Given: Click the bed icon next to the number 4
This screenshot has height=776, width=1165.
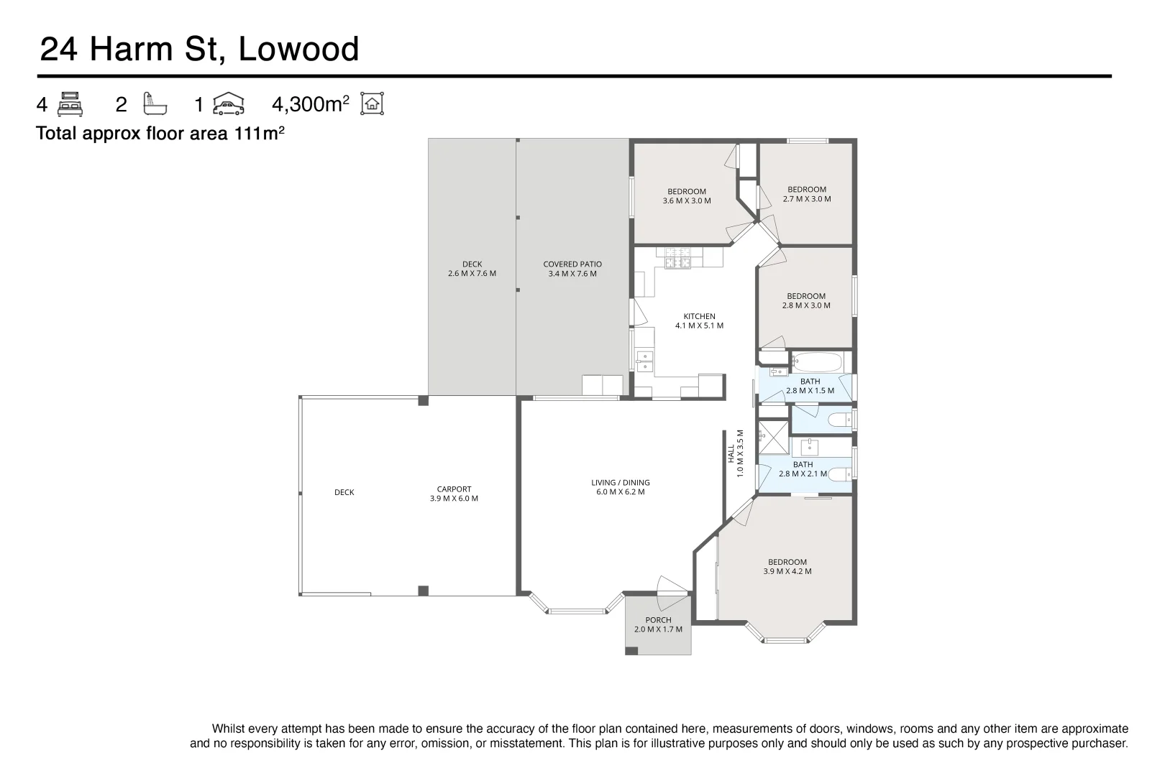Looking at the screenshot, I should point(70,104).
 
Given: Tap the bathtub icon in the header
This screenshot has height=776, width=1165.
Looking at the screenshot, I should point(155,104).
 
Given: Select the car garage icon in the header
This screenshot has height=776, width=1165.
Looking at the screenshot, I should point(229,104).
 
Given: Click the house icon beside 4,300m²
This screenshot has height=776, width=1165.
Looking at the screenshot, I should point(372,104).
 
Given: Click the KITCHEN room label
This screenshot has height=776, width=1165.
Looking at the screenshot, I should point(699,316).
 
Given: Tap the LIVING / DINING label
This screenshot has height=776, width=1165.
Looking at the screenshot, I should point(620,483).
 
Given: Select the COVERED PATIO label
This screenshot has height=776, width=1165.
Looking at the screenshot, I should point(572,264).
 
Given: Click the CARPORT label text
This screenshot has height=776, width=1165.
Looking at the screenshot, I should point(454,489).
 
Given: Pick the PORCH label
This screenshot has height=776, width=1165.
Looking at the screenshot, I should point(658,620).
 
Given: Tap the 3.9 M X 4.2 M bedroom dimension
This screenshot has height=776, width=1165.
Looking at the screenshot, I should point(787,572).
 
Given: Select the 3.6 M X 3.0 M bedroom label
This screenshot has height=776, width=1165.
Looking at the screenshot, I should point(686,201).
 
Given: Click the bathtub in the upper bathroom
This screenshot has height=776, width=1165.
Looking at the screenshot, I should point(817,361).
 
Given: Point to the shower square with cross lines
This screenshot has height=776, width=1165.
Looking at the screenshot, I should point(773,438).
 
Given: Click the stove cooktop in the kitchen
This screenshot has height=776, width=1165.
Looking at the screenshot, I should point(677,258).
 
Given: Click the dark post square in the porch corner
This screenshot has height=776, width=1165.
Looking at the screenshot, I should point(631,651).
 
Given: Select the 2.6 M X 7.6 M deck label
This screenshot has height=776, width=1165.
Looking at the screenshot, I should point(472,274).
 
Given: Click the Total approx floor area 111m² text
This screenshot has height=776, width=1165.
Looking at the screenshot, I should point(160,134).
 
